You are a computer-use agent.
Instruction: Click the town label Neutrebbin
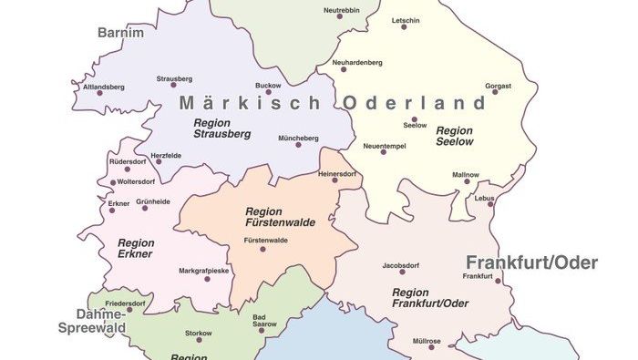(x=342, y=11)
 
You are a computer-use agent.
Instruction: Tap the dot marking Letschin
(x=405, y=27)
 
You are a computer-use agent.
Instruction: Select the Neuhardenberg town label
(x=357, y=62)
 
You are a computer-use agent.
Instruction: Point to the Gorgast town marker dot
(x=498, y=96)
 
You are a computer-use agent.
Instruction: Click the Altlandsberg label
(x=103, y=87)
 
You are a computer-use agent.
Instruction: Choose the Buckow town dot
(x=268, y=92)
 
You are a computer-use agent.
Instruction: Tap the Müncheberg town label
(x=299, y=138)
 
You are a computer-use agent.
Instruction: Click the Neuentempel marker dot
(x=384, y=152)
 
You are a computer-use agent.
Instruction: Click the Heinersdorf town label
(x=336, y=173)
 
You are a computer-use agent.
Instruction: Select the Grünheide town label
(x=153, y=201)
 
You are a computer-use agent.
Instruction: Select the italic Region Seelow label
(x=454, y=136)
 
